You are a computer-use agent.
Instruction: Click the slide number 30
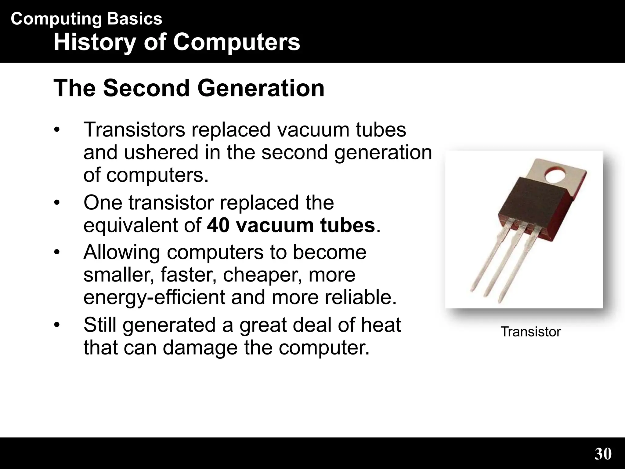point(603,454)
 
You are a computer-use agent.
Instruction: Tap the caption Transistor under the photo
point(530,332)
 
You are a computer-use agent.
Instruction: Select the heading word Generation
point(261,88)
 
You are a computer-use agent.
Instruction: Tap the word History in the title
point(95,43)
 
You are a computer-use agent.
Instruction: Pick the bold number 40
point(218,226)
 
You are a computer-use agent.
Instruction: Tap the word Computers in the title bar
point(237,43)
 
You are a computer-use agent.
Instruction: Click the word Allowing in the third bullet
point(122,253)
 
